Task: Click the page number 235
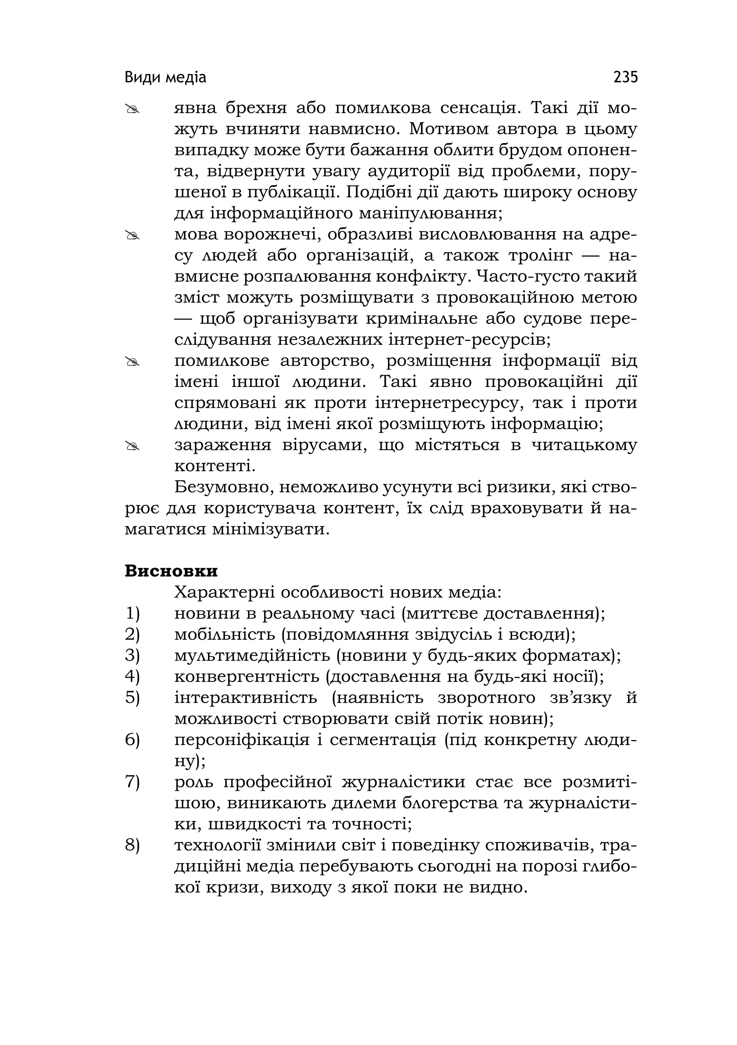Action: [x=625, y=77]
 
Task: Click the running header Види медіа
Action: [x=165, y=78]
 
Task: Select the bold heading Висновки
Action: [x=171, y=571]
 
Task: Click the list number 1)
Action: [x=132, y=614]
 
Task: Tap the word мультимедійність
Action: [x=252, y=656]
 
